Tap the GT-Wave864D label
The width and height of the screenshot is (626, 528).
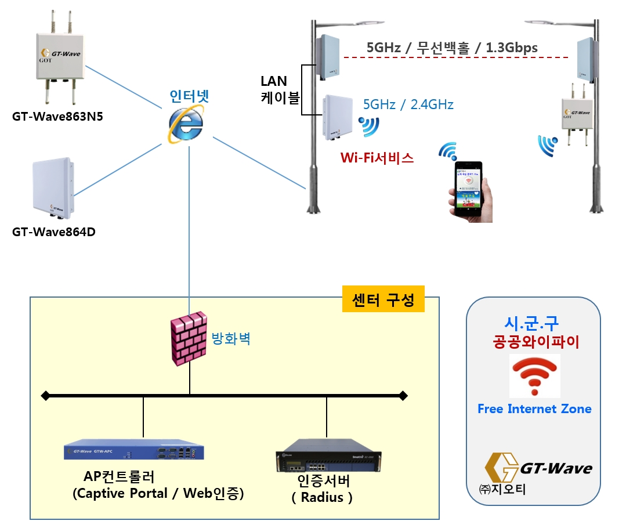[54, 232]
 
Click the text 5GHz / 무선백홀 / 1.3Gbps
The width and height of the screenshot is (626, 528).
[452, 48]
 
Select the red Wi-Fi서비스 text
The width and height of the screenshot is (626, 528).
[377, 158]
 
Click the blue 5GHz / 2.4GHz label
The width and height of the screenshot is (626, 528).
[408, 105]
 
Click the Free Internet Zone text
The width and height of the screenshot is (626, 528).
[534, 409]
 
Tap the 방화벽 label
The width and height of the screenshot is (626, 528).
[230, 339]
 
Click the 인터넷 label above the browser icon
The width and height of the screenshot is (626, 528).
[189, 96]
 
